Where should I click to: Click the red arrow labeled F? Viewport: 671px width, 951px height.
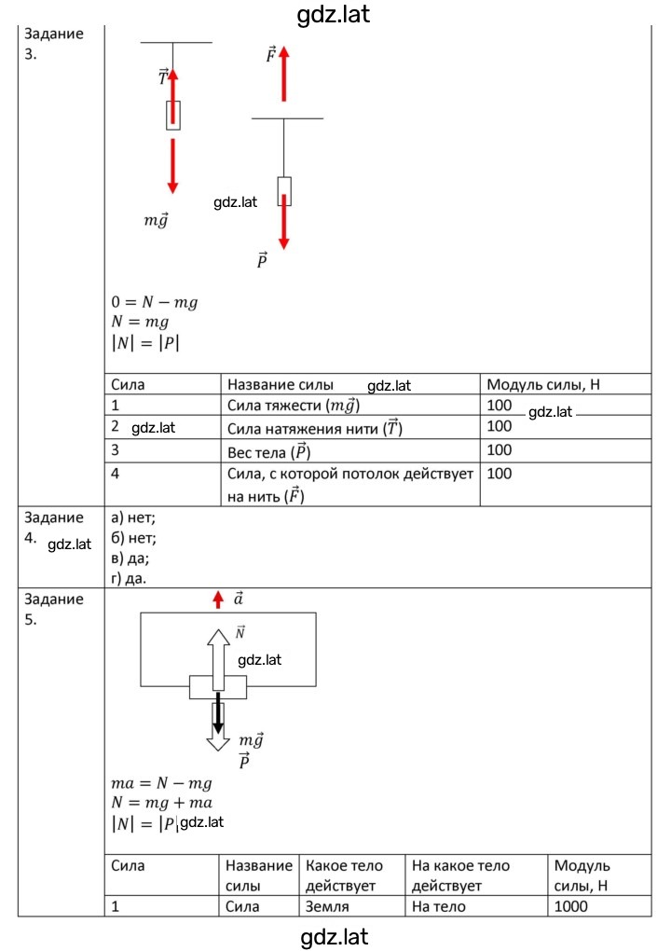(283, 74)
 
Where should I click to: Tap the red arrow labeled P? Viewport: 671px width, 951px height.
(283, 222)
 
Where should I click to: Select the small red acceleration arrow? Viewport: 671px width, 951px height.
(218, 600)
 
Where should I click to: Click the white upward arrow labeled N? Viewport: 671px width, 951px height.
(218, 659)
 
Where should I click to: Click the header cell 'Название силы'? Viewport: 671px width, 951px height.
(280, 384)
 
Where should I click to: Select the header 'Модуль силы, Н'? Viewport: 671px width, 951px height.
(543, 384)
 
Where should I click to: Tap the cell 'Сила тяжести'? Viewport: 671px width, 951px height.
(294, 406)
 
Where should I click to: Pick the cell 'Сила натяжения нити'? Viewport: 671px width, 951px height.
(315, 428)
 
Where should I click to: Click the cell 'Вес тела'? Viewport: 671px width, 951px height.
(269, 452)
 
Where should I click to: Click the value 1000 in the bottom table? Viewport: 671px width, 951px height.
(571, 907)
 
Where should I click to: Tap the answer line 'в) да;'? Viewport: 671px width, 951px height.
(130, 558)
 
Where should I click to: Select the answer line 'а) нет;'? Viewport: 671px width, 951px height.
(133, 518)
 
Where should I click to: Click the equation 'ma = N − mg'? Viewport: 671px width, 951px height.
(162, 783)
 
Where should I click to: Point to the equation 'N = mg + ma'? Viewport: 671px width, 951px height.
(162, 803)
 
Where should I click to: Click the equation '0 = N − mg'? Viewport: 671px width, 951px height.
(155, 302)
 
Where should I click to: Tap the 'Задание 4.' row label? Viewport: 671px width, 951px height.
(54, 528)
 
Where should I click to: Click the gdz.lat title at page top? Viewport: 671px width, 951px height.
(334, 14)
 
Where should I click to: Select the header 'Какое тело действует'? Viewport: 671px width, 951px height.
(344, 875)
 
